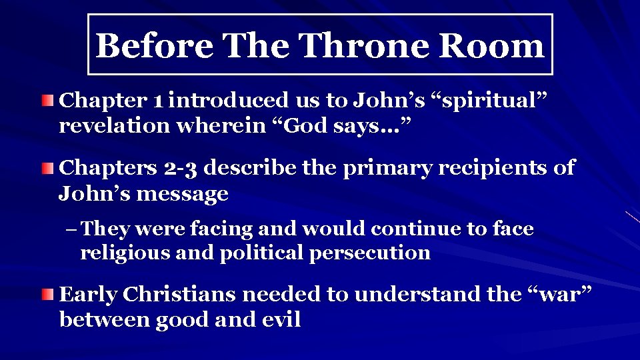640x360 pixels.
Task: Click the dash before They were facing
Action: click(72, 229)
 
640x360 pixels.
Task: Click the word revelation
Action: click(115, 126)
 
